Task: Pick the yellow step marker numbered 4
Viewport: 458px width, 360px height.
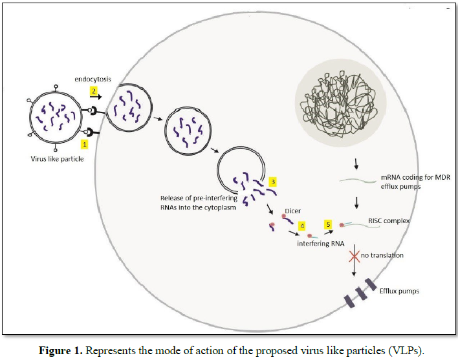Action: [x=301, y=227]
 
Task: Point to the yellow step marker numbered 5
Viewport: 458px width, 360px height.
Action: [x=328, y=224]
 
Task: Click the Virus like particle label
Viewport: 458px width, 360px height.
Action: [x=57, y=159]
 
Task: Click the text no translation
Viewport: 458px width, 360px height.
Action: [x=382, y=255]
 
